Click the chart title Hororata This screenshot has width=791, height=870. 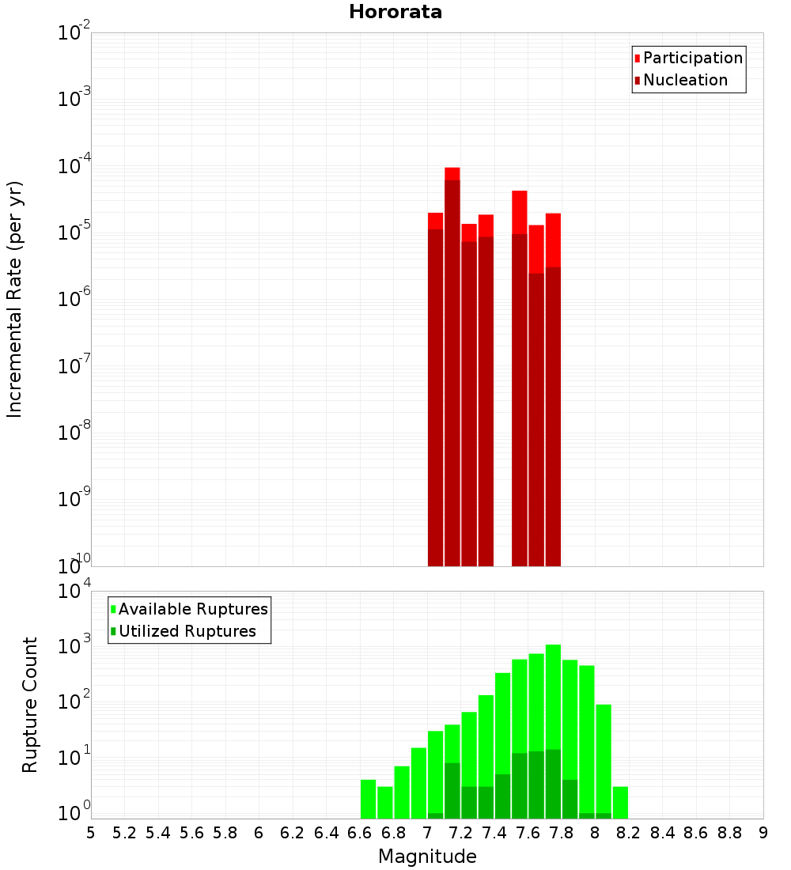pyautogui.click(x=395, y=12)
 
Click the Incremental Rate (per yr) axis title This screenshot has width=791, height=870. pyautogui.click(x=15, y=299)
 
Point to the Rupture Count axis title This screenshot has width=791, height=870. pyautogui.click(x=30, y=705)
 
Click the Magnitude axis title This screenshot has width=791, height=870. pyautogui.click(x=427, y=857)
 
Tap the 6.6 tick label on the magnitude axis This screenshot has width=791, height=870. pyautogui.click(x=360, y=833)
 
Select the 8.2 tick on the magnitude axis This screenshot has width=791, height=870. pyautogui.click(x=629, y=833)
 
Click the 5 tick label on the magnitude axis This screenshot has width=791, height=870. pyautogui.click(x=91, y=833)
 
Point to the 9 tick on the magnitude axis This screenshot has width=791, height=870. pyautogui.click(x=763, y=833)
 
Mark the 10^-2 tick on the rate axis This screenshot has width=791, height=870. pyautogui.click(x=74, y=33)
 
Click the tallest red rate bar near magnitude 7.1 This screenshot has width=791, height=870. pyautogui.click(x=452, y=316)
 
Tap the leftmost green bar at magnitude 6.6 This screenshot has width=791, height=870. pyautogui.click(x=368, y=799)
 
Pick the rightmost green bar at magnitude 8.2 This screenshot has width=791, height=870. pyautogui.click(x=620, y=802)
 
